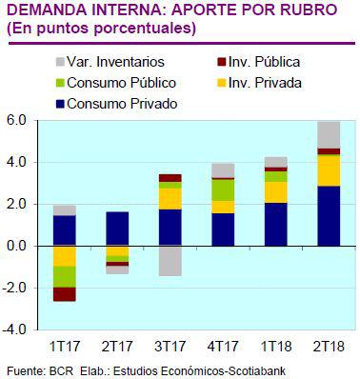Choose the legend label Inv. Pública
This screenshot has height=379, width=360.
[x=266, y=63]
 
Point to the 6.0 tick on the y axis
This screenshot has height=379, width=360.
[x=16, y=121]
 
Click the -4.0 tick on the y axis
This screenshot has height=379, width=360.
[x=14, y=329]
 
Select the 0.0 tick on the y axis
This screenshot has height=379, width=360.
[x=16, y=246]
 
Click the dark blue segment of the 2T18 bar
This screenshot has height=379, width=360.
[x=329, y=215]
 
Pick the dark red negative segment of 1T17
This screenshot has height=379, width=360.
[x=65, y=293]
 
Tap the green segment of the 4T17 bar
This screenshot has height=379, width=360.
[x=223, y=189]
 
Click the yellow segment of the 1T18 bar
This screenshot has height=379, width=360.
[x=276, y=191]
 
